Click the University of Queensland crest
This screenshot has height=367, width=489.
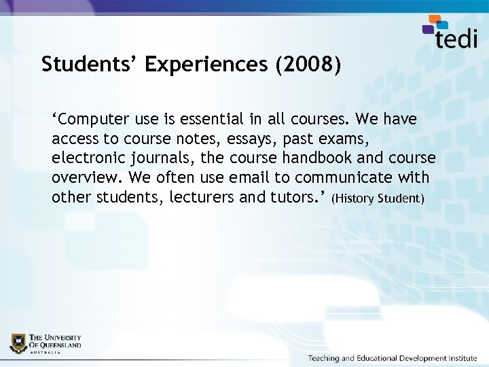18,343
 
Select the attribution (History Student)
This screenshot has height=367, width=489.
378,198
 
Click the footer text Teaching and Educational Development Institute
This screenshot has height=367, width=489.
392,358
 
